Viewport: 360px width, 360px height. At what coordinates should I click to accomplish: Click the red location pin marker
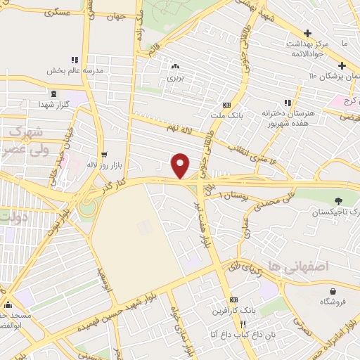[x=181, y=165]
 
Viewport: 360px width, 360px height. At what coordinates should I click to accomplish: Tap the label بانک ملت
[x=226, y=115]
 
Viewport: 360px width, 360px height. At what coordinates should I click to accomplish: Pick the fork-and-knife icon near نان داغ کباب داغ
[x=242, y=325]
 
